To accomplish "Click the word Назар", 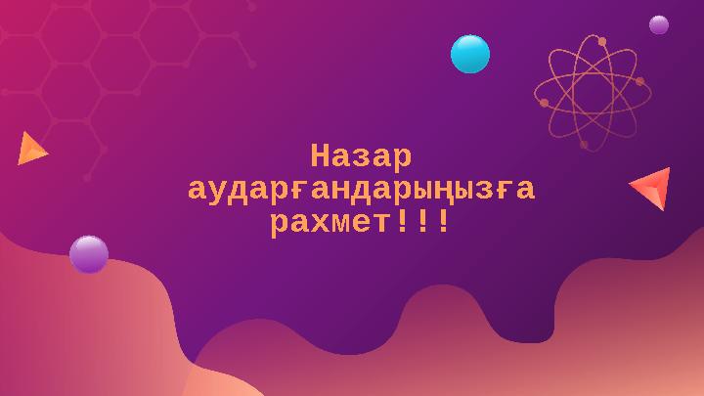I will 361,156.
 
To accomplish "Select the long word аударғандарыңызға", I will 361,190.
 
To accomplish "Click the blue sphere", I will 470,54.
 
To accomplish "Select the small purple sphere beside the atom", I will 659,24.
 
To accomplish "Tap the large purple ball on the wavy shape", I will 89,254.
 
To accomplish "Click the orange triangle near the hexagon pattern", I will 30,148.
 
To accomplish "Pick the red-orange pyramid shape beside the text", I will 652,188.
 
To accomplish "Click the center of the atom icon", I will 590,92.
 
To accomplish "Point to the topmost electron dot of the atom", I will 602,41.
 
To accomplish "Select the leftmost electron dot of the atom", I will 544,102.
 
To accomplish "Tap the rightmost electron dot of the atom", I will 639,81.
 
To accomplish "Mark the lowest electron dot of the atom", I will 584,144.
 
